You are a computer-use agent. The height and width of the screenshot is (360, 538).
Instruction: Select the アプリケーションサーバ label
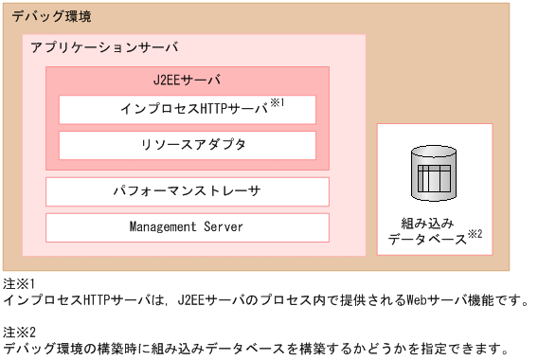click(103, 47)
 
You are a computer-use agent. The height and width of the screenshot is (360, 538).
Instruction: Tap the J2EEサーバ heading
click(187, 80)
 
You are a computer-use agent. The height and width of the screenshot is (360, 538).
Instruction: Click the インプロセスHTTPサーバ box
click(188, 109)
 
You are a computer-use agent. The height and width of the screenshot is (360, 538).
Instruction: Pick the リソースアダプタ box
click(188, 145)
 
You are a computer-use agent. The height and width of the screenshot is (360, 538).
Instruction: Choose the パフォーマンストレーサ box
click(188, 190)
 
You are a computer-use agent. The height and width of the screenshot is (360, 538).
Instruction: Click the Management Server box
click(188, 227)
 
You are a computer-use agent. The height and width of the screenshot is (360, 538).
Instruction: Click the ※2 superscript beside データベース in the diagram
click(475, 235)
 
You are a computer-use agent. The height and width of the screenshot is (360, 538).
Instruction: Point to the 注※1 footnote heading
click(19, 283)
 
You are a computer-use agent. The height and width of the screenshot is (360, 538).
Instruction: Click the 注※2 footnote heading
click(19, 331)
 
